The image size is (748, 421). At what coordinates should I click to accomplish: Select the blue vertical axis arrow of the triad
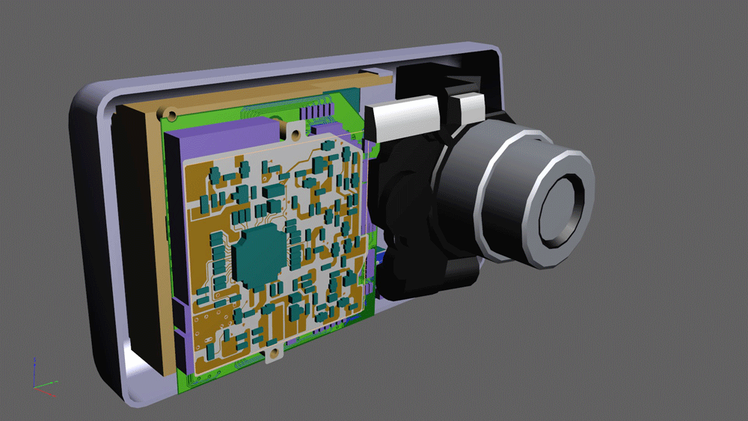coord(34,369)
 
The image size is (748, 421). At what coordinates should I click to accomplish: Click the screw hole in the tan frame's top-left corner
coord(172,115)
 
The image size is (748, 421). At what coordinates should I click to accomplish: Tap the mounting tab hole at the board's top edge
coord(292,129)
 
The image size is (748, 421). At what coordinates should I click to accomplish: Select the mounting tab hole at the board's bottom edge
coord(273,354)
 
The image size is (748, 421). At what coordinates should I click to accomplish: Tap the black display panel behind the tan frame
coord(138,239)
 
